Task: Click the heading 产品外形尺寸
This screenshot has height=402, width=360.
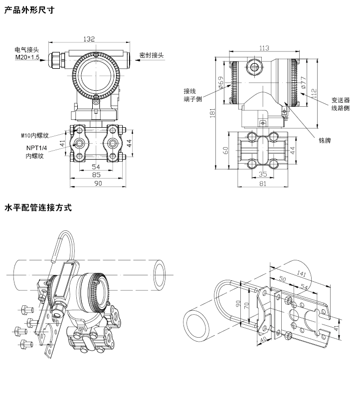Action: [29, 9]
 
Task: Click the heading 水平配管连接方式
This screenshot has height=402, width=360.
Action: [38, 207]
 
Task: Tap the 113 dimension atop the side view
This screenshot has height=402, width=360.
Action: [264, 48]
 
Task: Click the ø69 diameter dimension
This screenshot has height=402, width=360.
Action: [220, 83]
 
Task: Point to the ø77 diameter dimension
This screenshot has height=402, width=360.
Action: [304, 83]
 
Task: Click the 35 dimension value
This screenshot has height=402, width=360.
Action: [264, 175]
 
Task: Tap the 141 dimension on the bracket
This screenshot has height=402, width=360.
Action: [301, 273]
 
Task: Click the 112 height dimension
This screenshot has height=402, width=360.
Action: [314, 92]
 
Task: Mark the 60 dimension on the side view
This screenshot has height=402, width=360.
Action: [225, 150]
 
